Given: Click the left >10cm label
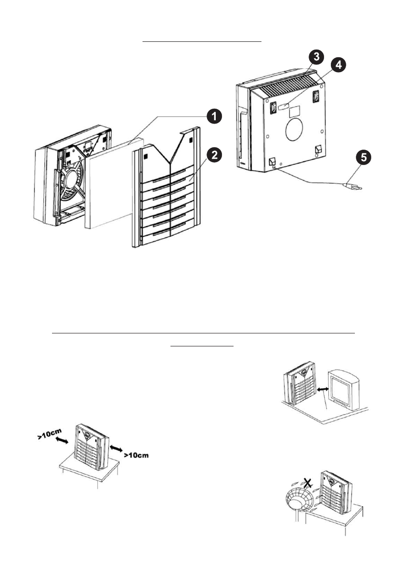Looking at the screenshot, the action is tap(52, 434).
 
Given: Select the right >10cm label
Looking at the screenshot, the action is tap(136, 455).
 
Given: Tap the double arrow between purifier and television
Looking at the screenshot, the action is tap(322, 391).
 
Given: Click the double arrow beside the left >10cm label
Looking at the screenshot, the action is tap(62, 442).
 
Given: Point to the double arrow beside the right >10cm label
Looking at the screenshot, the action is tap(117, 447).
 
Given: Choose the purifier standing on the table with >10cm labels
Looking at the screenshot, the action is tap(92, 447).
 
